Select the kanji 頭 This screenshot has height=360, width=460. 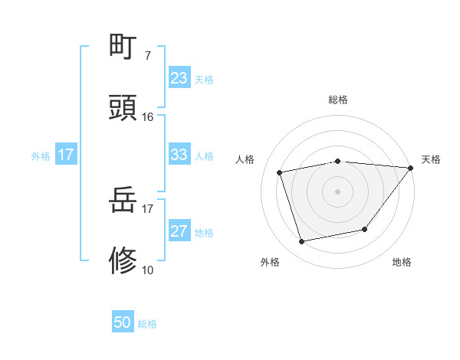(123, 108)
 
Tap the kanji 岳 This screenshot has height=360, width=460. (123, 201)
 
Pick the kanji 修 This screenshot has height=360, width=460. (123, 261)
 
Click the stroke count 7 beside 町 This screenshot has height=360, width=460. (147, 55)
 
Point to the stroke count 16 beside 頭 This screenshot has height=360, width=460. (147, 117)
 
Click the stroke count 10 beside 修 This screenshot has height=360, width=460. (147, 270)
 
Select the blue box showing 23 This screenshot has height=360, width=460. (179, 78)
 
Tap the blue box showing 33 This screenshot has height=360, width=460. (179, 155)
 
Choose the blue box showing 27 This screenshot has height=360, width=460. (179, 231)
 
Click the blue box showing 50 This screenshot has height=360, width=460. (123, 323)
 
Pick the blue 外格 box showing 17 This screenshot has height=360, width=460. (66, 155)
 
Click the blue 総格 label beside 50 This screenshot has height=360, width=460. (147, 324)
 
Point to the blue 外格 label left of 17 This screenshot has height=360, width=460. (41, 155)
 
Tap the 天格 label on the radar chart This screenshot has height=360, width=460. (431, 159)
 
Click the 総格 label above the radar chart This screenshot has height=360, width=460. (338, 100)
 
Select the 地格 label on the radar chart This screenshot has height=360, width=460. (402, 262)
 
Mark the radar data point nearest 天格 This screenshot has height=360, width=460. (409, 168)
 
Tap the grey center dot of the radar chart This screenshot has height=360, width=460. (337, 191)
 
